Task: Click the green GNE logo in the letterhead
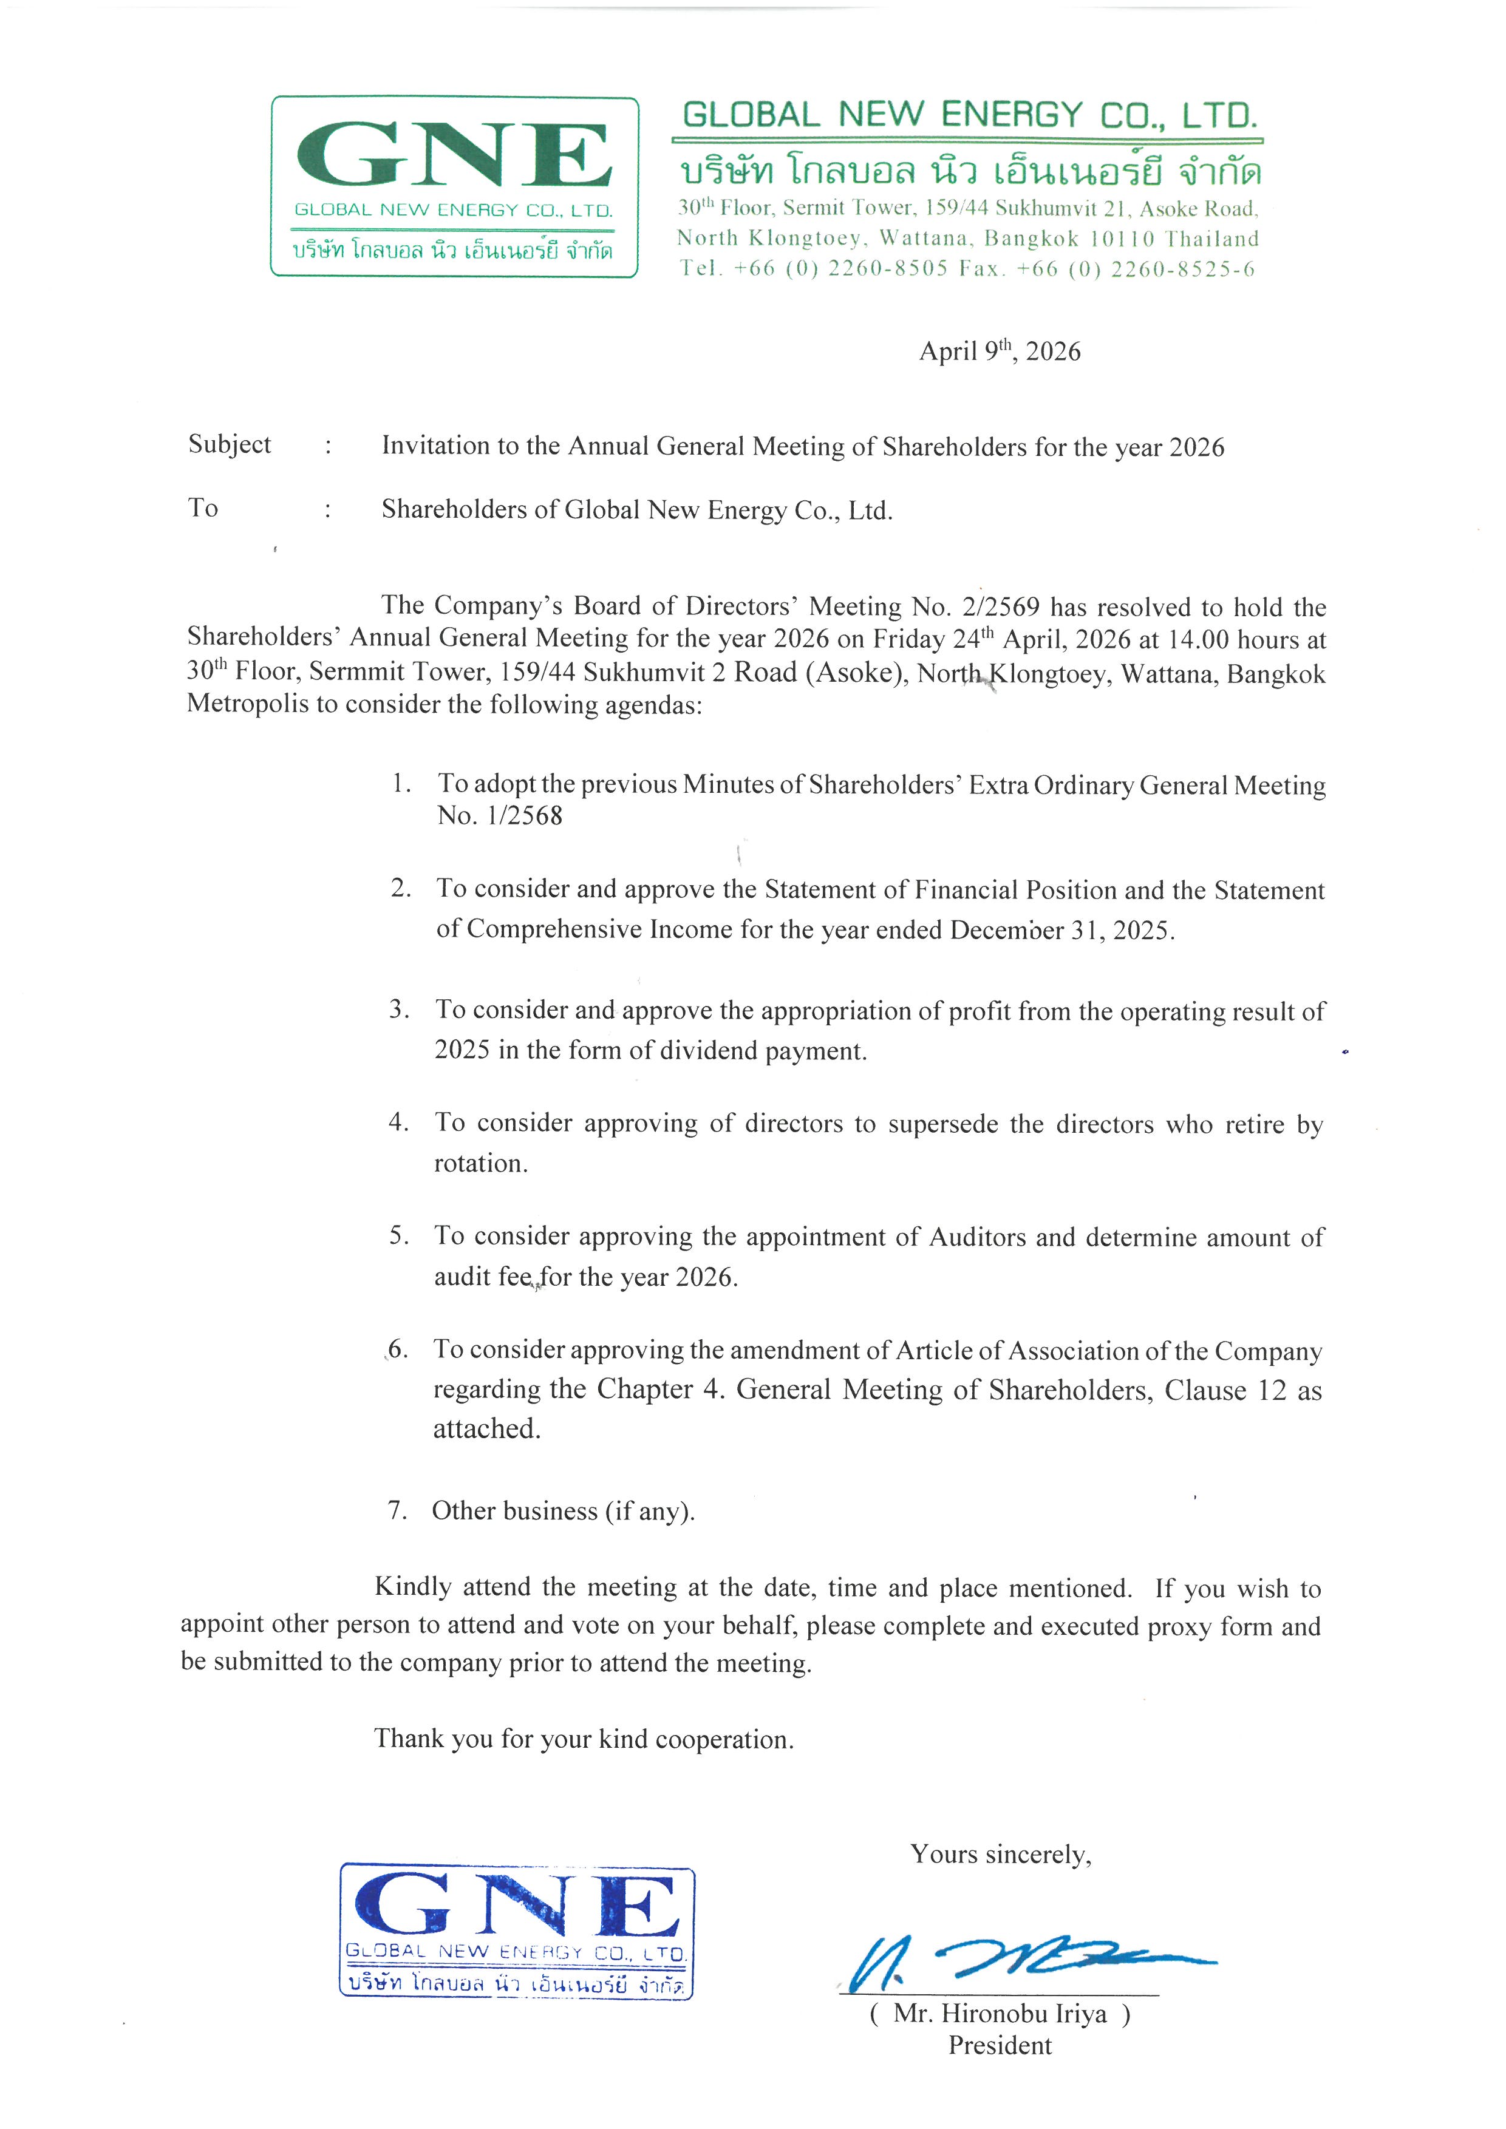(x=454, y=185)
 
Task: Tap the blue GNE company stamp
(x=517, y=1930)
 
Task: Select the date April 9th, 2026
(x=1000, y=351)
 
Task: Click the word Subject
(x=229, y=444)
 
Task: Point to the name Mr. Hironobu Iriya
(x=1000, y=2014)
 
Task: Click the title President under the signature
(x=1000, y=2046)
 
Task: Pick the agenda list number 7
(x=397, y=1510)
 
